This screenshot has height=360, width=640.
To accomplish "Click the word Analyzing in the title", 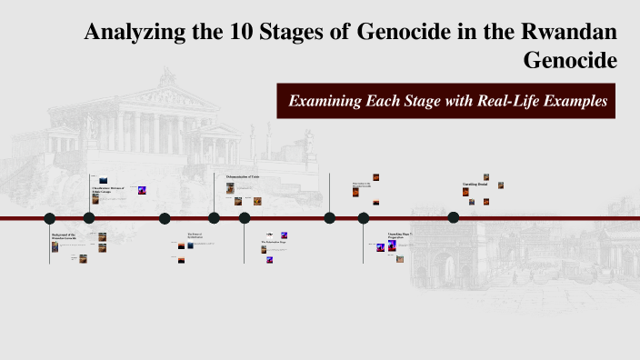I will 123,33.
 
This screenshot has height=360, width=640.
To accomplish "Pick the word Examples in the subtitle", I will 571,101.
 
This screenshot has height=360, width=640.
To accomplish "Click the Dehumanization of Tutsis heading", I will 243,175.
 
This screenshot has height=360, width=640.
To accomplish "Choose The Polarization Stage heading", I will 275,242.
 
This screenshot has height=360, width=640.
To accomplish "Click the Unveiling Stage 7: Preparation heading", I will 400,235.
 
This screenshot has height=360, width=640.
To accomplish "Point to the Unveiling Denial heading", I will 476,185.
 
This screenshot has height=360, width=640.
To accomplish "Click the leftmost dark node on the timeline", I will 50,218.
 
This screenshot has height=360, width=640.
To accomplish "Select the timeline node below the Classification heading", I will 89,218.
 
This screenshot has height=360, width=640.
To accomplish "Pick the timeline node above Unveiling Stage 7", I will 364,218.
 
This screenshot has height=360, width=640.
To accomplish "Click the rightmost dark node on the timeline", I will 454,218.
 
